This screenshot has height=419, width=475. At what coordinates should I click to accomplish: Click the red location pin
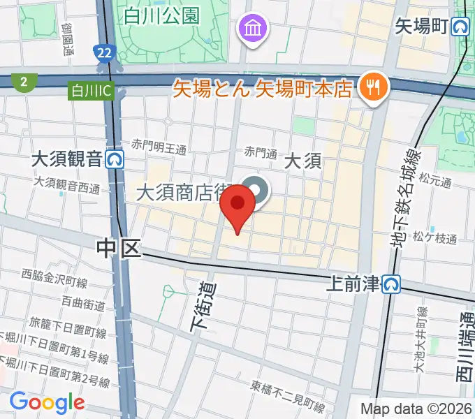tap(237, 205)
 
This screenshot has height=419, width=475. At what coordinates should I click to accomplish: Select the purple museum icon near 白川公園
tap(250, 29)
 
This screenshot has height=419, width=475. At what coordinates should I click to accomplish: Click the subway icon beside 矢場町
tap(460, 27)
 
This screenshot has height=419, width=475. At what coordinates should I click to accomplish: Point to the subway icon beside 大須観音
tap(116, 160)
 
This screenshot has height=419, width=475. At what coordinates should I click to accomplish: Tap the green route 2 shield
tap(24, 82)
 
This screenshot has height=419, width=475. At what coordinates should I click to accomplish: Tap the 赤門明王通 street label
tap(160, 147)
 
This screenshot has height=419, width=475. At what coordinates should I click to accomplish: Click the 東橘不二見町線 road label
tap(288, 396)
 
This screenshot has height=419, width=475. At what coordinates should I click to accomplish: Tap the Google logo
tap(47, 402)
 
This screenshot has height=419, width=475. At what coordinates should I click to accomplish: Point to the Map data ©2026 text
tap(416, 409)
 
